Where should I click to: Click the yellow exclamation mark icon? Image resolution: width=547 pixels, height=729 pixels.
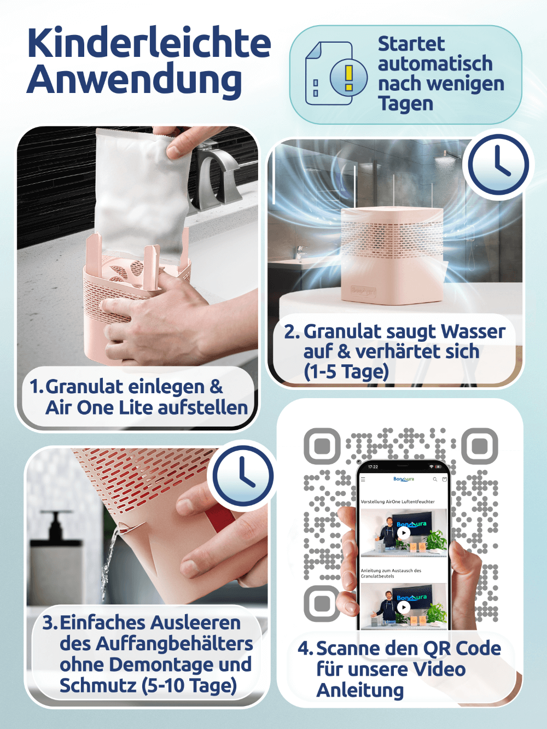click(349, 78)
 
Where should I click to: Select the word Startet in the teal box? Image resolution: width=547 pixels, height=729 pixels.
click(411, 44)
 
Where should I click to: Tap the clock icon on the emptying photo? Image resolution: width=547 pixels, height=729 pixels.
click(243, 476)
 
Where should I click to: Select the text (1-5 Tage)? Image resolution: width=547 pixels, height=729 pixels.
click(346, 371)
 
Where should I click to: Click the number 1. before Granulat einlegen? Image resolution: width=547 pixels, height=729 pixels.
click(36, 386)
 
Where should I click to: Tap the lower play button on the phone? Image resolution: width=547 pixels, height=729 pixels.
click(404, 607)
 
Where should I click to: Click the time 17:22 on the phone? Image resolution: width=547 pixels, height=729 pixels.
click(373, 467)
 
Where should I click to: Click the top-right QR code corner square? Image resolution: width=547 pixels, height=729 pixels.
click(480, 446)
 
